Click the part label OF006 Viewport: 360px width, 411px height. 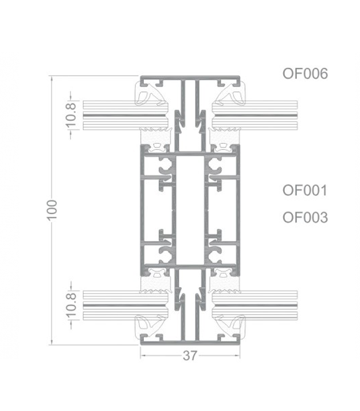(305, 73)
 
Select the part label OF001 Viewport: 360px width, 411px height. (305, 190)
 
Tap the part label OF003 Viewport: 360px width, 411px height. (305, 217)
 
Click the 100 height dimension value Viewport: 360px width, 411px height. (52, 210)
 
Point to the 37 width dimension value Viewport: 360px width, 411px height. (190, 355)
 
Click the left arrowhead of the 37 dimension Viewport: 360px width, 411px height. (143, 356)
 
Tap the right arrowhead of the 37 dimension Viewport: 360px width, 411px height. (237, 356)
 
